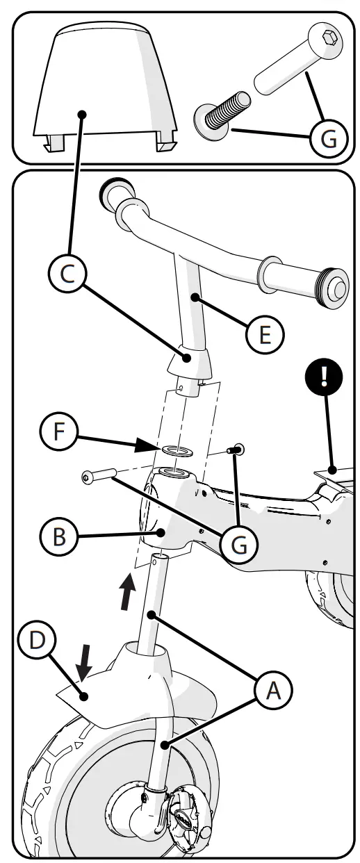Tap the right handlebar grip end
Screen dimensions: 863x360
click(x=334, y=286)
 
